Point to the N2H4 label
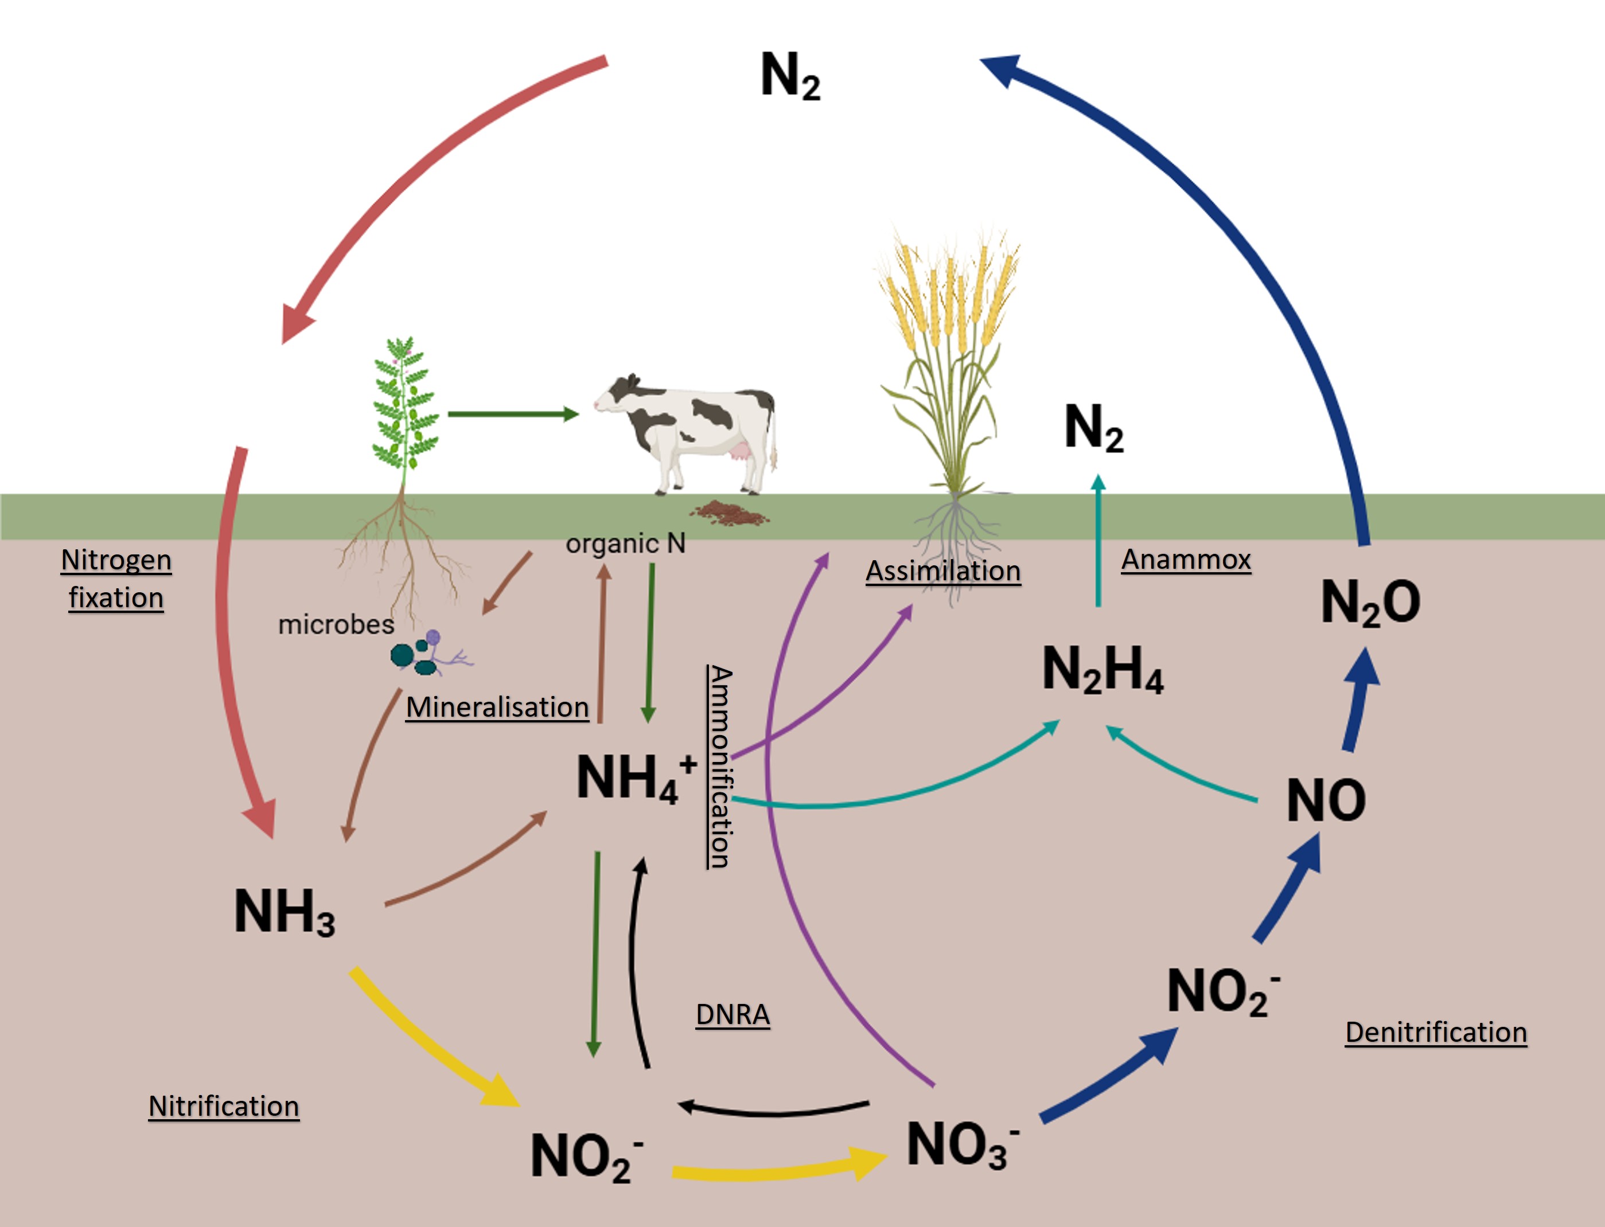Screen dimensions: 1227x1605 tap(1103, 669)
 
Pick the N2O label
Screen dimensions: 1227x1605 tap(1370, 603)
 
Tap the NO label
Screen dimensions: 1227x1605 tap(1326, 800)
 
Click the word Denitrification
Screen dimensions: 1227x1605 tap(1436, 1032)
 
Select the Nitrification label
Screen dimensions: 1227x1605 tap(224, 1106)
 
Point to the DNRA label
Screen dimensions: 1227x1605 tap(733, 1014)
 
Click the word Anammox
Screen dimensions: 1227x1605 tap(1186, 560)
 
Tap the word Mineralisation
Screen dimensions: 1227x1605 tap(497, 707)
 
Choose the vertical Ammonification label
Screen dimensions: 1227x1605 tap(719, 767)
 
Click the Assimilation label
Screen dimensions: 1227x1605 tap(943, 570)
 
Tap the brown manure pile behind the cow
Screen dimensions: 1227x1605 tap(731, 513)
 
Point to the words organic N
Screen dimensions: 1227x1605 tap(625, 544)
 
